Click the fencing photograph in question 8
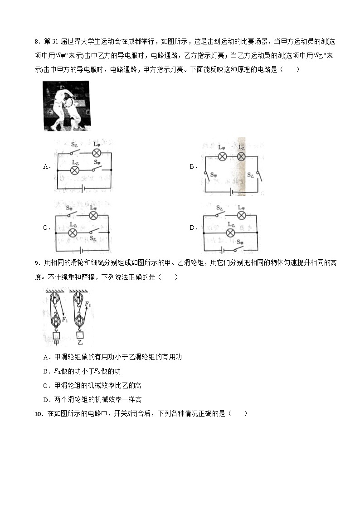[x=66, y=106]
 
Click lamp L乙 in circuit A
[x=76, y=170]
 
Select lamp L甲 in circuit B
[x=222, y=156]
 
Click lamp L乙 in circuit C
[x=72, y=233]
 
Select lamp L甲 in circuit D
[x=242, y=215]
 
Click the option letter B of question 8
[x=192, y=167]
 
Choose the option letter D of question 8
[x=192, y=228]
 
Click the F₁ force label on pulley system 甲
[x=65, y=320]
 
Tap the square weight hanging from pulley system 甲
[x=57, y=335]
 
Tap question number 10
[x=38, y=413]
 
